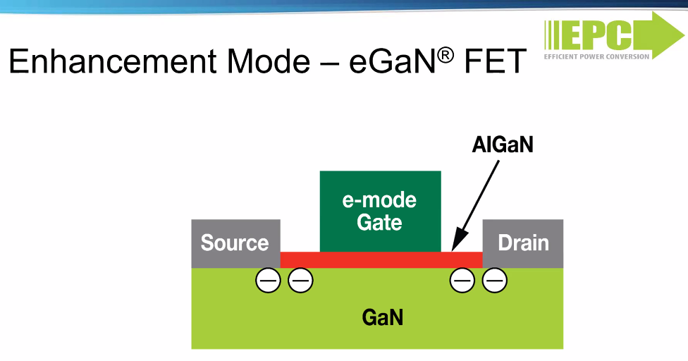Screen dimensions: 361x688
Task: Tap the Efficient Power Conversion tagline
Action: [597, 56]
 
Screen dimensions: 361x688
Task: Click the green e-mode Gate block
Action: [380, 211]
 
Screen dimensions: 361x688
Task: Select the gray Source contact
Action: [235, 243]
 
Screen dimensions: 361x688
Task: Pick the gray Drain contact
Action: [523, 243]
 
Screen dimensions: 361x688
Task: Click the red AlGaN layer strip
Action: [381, 259]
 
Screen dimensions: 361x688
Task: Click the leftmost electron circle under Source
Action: [268, 281]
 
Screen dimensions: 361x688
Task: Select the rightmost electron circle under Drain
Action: [495, 281]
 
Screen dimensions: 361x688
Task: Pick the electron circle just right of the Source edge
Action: [300, 281]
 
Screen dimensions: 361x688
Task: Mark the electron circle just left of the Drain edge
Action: [462, 281]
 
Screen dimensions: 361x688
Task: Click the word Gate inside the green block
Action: [379, 223]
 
